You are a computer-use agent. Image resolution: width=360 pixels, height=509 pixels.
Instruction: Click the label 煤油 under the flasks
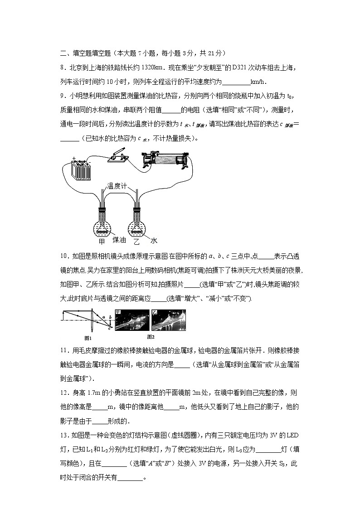[x=119, y=240]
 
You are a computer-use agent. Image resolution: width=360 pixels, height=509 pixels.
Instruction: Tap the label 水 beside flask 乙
[x=154, y=241]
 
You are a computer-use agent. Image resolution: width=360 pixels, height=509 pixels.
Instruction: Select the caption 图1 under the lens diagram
[x=88, y=338]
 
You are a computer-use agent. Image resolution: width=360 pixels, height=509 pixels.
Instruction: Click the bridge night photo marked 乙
[x=168, y=321]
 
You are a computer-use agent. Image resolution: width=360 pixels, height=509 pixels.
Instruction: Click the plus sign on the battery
[x=74, y=159]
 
